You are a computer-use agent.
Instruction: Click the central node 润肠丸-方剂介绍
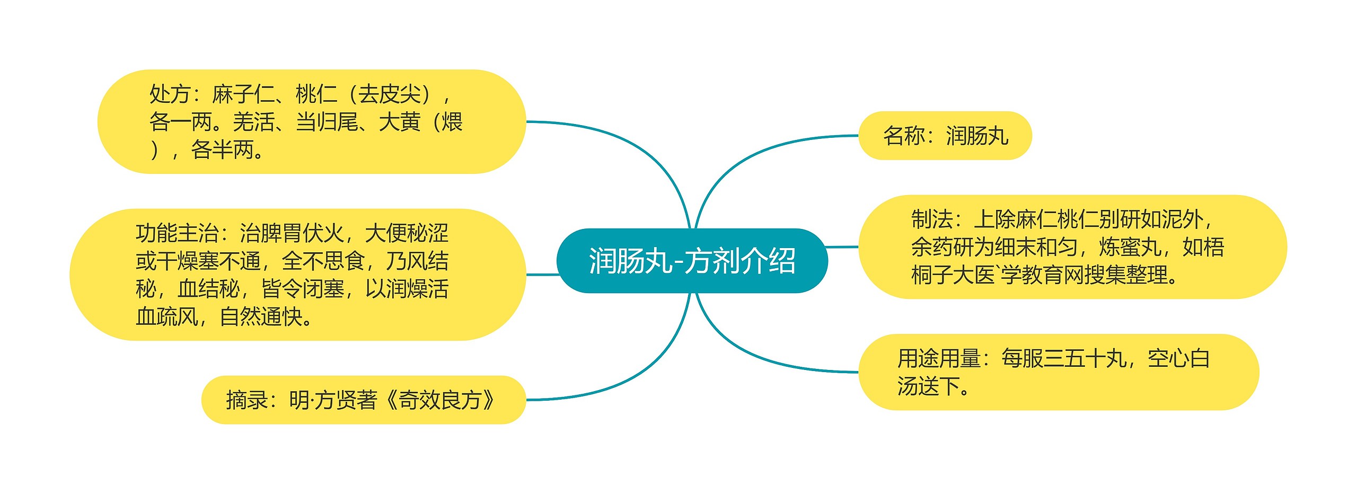point(692,261)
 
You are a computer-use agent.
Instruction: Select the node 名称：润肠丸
point(945,136)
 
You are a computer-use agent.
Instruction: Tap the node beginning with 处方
point(311,122)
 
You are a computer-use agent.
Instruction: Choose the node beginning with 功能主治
point(297,275)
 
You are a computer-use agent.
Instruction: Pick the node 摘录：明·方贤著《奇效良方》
point(363,400)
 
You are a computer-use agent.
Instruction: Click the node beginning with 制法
point(1072,247)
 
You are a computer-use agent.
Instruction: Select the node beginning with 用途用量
point(1058,372)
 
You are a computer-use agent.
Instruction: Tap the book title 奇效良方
point(439,400)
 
